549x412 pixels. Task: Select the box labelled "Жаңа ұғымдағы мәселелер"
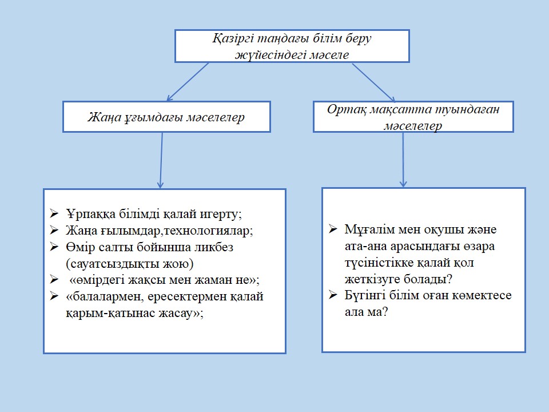(166, 117)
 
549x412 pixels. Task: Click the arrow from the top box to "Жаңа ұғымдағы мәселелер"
(187, 81)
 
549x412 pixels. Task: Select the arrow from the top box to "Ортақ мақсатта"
(373, 82)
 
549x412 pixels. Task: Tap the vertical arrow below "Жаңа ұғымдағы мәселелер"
(161, 160)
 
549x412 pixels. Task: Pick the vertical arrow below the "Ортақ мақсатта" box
(404, 160)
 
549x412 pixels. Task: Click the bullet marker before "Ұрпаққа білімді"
(54, 214)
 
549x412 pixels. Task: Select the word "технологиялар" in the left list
(208, 231)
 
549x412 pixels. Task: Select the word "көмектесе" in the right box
(479, 296)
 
